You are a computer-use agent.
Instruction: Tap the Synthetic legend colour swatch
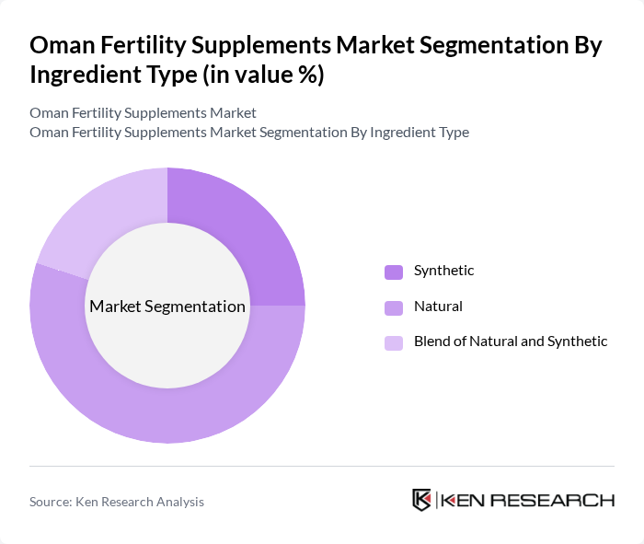[x=394, y=272]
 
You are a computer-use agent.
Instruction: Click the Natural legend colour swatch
[x=394, y=307]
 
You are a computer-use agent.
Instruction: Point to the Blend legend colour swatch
[x=394, y=342]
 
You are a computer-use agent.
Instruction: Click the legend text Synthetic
[x=443, y=271]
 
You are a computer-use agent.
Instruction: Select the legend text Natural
[x=438, y=307]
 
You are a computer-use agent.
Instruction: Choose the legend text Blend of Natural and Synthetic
[x=511, y=341]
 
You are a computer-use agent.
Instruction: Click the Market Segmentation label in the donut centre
[x=167, y=307]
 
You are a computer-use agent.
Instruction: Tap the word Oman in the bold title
[x=61, y=46]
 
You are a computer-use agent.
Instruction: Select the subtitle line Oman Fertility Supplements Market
[x=143, y=112]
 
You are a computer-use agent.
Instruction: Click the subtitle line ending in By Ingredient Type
[x=249, y=133]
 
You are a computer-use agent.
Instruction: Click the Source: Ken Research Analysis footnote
[x=117, y=502]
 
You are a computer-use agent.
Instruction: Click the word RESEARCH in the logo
[x=557, y=501]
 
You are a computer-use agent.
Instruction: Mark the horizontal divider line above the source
[x=322, y=466]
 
